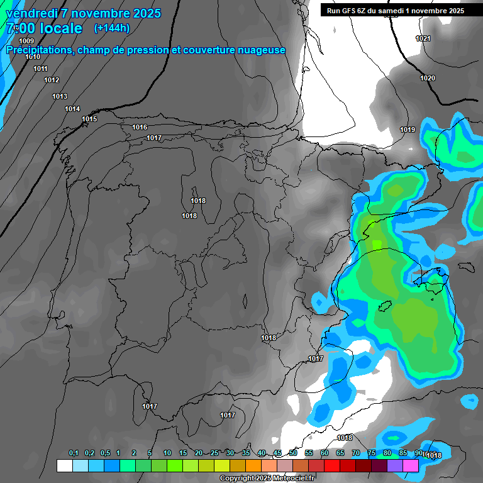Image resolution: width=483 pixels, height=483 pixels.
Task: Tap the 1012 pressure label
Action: [x=52, y=80]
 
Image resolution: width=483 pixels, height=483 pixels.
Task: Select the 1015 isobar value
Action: [x=89, y=119]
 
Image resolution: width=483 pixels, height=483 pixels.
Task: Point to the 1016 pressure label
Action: [x=140, y=128]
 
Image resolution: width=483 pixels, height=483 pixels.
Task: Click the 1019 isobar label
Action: [x=408, y=130]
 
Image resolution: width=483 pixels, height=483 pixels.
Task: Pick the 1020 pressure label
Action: [x=428, y=78]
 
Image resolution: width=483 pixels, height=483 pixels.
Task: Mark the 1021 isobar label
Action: [x=423, y=39]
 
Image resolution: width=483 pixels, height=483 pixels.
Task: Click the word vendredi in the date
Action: [x=31, y=13]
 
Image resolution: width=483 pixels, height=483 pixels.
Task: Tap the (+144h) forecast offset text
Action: [x=111, y=28]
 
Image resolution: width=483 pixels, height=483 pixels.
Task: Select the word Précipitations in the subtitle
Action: [x=38, y=50]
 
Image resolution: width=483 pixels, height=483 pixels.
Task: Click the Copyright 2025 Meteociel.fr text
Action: [x=267, y=479]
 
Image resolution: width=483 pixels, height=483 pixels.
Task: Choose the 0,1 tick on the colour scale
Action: [x=74, y=453]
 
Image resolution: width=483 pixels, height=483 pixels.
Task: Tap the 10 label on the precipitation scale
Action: [x=167, y=453]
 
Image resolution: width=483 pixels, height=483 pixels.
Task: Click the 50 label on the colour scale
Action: [x=293, y=453]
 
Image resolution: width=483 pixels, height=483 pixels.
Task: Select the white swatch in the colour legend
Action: [x=64, y=465]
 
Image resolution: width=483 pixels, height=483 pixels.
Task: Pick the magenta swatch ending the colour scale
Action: [x=411, y=465]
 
